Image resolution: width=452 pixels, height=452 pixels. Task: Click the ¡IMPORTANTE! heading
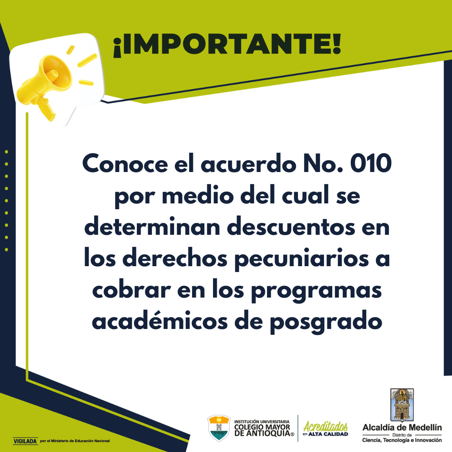click(x=227, y=45)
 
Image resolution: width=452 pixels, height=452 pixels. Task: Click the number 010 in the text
click(x=371, y=164)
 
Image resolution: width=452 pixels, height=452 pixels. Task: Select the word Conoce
click(x=125, y=164)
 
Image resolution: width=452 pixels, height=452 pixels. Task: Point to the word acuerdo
click(x=249, y=164)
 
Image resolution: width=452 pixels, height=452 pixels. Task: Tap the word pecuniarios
click(x=302, y=259)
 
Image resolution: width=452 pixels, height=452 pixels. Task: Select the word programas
click(x=316, y=291)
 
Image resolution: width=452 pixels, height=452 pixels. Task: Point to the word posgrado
click(x=326, y=322)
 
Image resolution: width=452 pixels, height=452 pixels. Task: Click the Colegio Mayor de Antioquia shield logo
click(x=219, y=428)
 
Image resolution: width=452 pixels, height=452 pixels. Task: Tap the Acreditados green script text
click(x=326, y=426)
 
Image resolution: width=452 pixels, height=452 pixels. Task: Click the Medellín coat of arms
click(x=402, y=405)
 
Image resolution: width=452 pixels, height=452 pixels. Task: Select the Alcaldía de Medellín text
click(x=402, y=427)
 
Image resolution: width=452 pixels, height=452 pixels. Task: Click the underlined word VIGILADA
click(x=26, y=441)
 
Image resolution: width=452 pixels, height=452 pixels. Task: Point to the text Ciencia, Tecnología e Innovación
click(x=402, y=440)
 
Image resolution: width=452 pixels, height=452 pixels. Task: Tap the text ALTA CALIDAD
click(x=328, y=434)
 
